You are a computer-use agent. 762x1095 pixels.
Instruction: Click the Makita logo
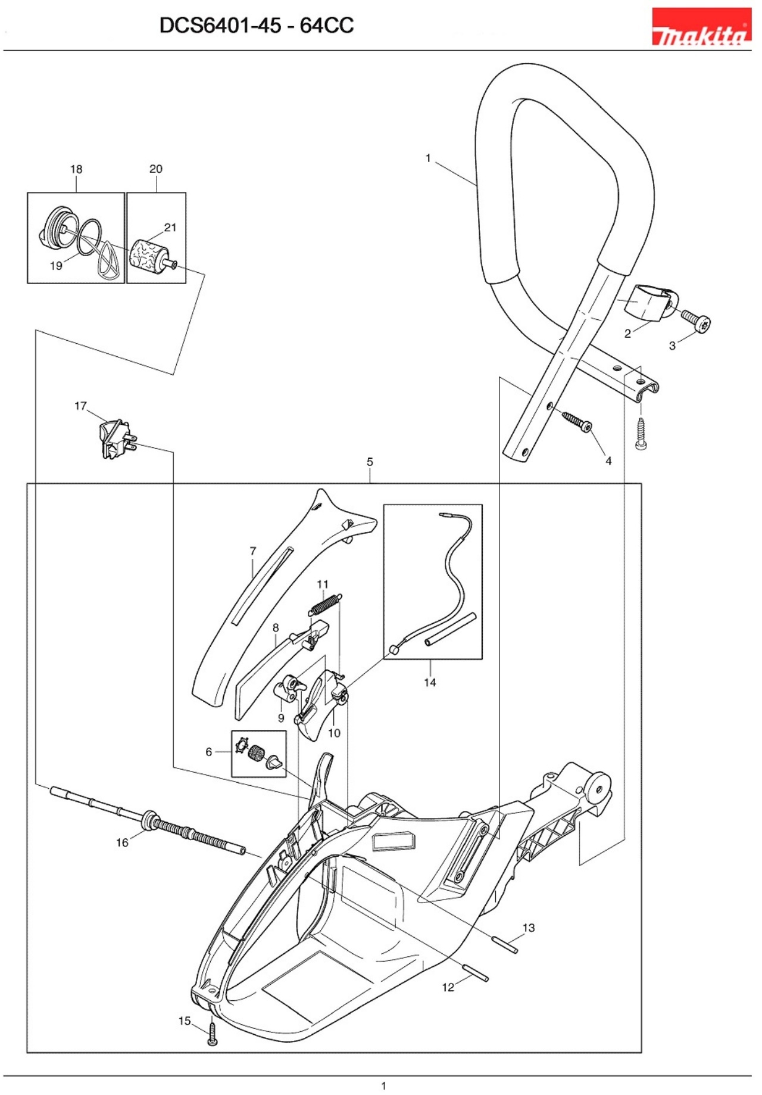click(701, 27)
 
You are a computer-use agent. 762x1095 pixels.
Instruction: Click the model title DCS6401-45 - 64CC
click(257, 26)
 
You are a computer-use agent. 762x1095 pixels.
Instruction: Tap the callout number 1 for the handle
click(428, 158)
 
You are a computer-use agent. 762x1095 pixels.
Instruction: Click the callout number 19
click(56, 266)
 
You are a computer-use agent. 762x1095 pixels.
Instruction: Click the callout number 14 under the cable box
click(430, 683)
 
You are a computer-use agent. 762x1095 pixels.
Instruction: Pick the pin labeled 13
click(505, 945)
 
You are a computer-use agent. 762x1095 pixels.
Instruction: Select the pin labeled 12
click(476, 972)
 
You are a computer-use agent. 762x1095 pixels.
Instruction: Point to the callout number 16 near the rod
click(122, 842)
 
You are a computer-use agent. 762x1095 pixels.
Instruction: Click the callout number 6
click(208, 752)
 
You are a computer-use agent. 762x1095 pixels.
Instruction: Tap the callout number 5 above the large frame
click(370, 462)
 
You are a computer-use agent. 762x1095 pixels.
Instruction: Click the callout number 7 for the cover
click(252, 551)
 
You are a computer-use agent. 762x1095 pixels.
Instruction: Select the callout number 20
click(155, 169)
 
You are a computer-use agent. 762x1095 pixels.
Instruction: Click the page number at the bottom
click(383, 1085)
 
